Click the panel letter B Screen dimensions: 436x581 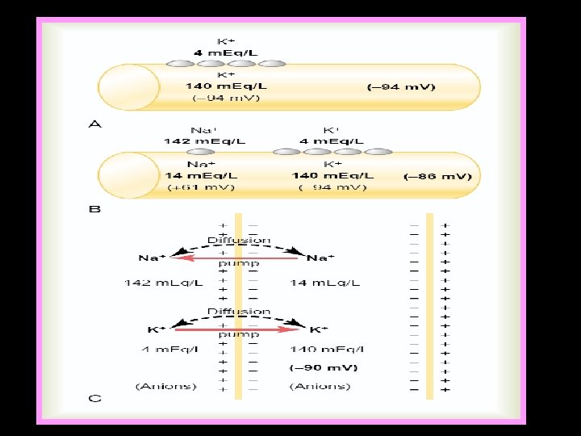pyautogui.click(x=94, y=210)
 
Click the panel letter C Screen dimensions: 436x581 pyautogui.click(x=94, y=399)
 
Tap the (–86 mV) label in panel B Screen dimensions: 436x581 pyautogui.click(x=441, y=175)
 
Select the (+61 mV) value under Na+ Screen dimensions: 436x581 pyautogui.click(x=202, y=188)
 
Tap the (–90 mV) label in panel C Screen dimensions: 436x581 pyautogui.click(x=324, y=367)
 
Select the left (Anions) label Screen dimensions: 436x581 pyautogui.click(x=166, y=386)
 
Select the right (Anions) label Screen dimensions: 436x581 pyautogui.click(x=320, y=386)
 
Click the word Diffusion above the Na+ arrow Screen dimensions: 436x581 pyautogui.click(x=239, y=240)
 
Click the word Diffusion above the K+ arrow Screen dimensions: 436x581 pyautogui.click(x=239, y=311)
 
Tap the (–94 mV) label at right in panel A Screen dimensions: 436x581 pyautogui.click(x=401, y=87)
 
